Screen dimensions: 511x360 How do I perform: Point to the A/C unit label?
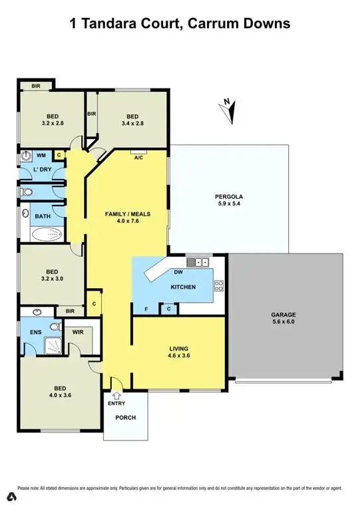coord(138,158)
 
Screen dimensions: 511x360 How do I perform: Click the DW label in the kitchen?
coord(178,272)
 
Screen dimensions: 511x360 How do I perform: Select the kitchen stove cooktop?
coord(218,286)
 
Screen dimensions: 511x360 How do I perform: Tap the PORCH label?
coord(125,418)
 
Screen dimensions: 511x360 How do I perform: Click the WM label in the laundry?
coord(41,155)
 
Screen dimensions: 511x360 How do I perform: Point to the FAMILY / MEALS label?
coord(128,214)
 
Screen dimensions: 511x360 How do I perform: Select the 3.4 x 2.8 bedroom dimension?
coord(132,123)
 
